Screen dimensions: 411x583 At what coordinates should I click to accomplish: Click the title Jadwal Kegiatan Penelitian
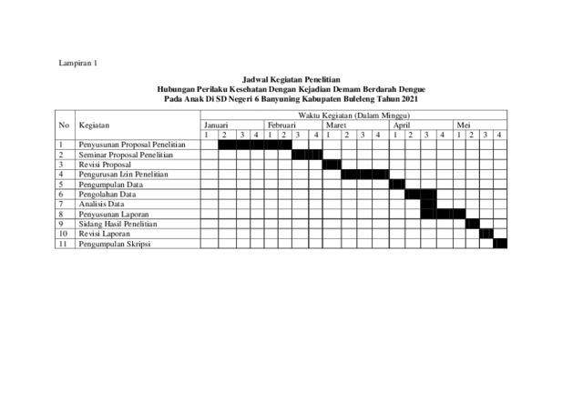(291, 81)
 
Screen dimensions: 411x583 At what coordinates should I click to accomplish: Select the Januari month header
(217, 125)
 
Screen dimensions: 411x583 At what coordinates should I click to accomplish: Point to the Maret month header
(337, 125)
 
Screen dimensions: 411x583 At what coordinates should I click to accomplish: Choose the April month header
(402, 125)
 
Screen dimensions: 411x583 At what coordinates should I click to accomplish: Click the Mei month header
(464, 125)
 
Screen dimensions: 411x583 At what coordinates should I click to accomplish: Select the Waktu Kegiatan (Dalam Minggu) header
(354, 116)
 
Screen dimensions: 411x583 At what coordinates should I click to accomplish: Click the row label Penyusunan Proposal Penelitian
(133, 145)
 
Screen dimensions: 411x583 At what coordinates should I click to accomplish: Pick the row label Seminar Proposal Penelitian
(127, 155)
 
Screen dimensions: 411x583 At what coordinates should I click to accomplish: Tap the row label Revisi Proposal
(106, 165)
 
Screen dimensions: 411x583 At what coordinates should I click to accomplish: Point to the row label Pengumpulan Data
(109, 185)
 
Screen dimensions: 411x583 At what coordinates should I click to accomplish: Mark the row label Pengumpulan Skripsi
(114, 244)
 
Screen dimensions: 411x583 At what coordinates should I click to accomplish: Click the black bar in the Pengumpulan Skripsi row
(500, 244)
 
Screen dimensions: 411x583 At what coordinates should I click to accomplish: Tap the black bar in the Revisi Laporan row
(486, 234)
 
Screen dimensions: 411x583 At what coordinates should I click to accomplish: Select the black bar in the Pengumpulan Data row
(396, 185)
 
